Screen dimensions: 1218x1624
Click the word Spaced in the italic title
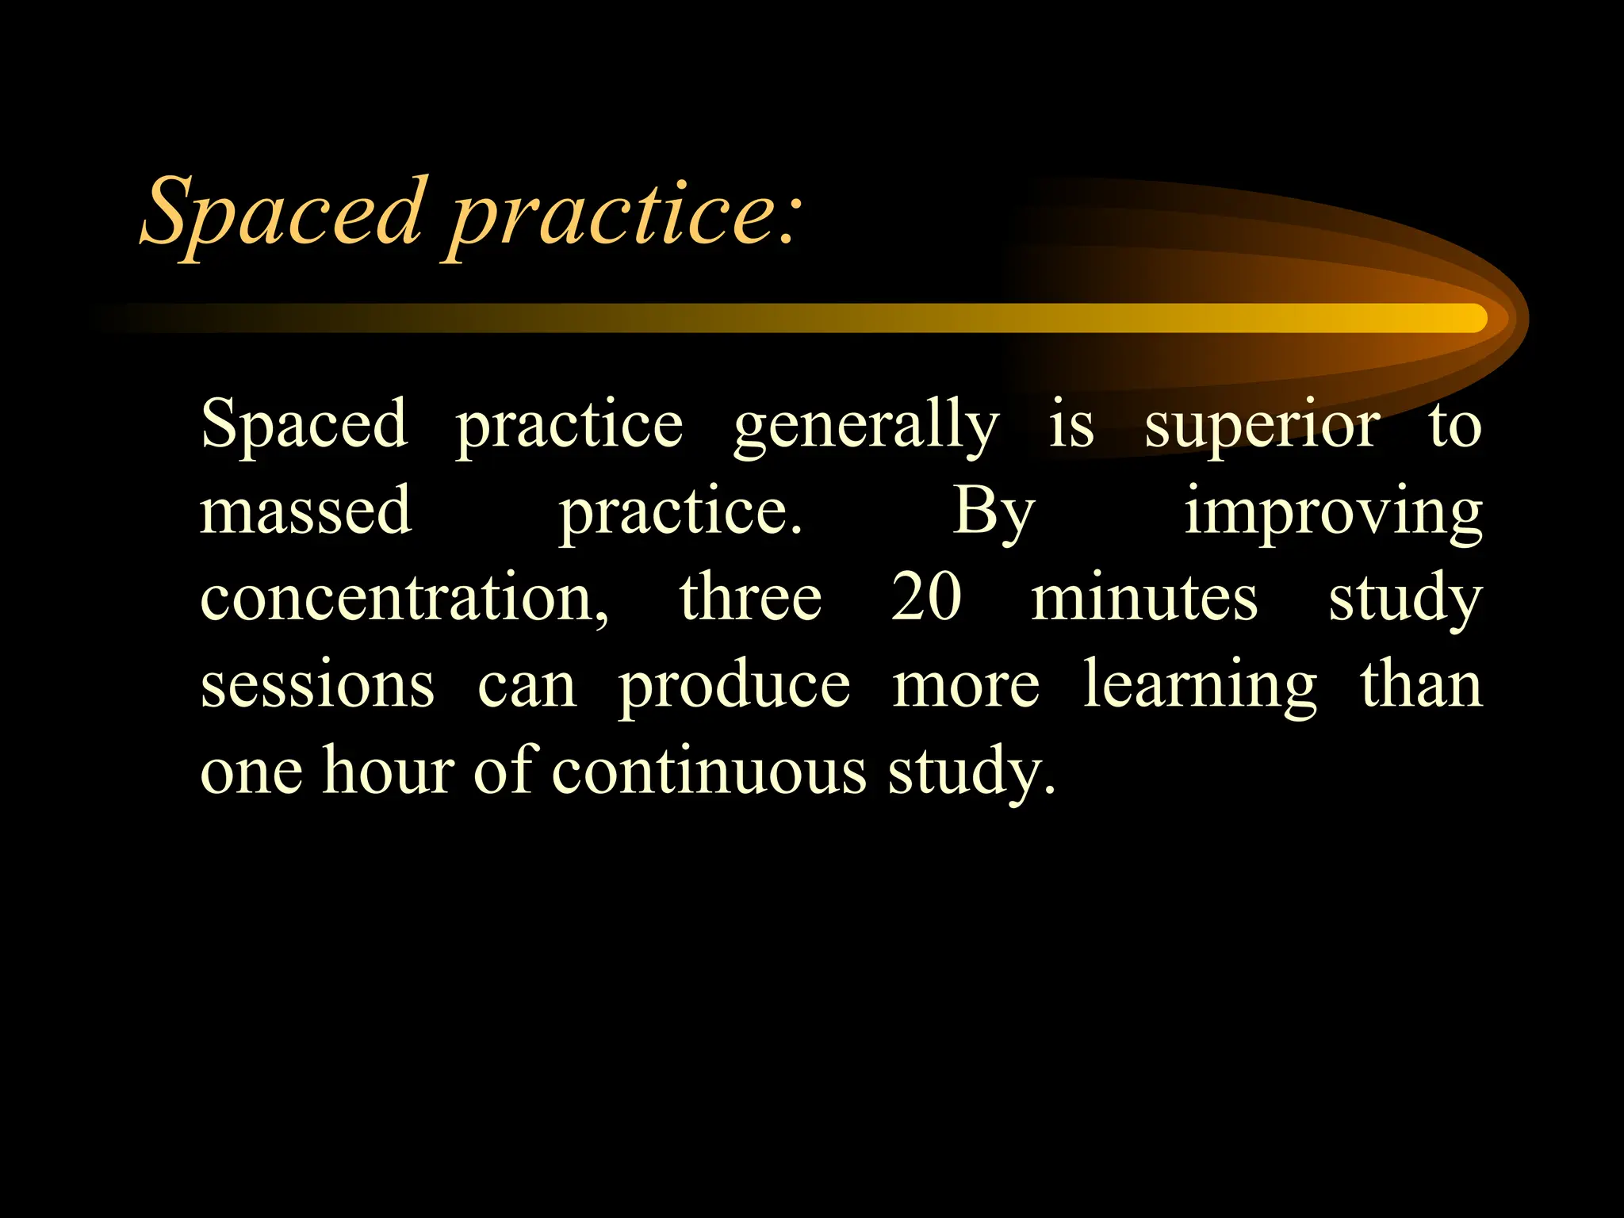[282, 213]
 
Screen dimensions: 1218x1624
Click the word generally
[866, 427]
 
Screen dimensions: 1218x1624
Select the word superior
[1262, 427]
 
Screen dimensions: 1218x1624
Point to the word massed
[305, 511]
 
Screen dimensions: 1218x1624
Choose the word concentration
[404, 598]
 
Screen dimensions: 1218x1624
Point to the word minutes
[1144, 598]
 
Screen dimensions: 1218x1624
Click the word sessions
[317, 685]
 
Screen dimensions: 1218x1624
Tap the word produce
[734, 687]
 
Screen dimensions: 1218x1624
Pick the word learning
[1201, 685]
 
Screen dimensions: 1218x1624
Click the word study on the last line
[971, 772]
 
